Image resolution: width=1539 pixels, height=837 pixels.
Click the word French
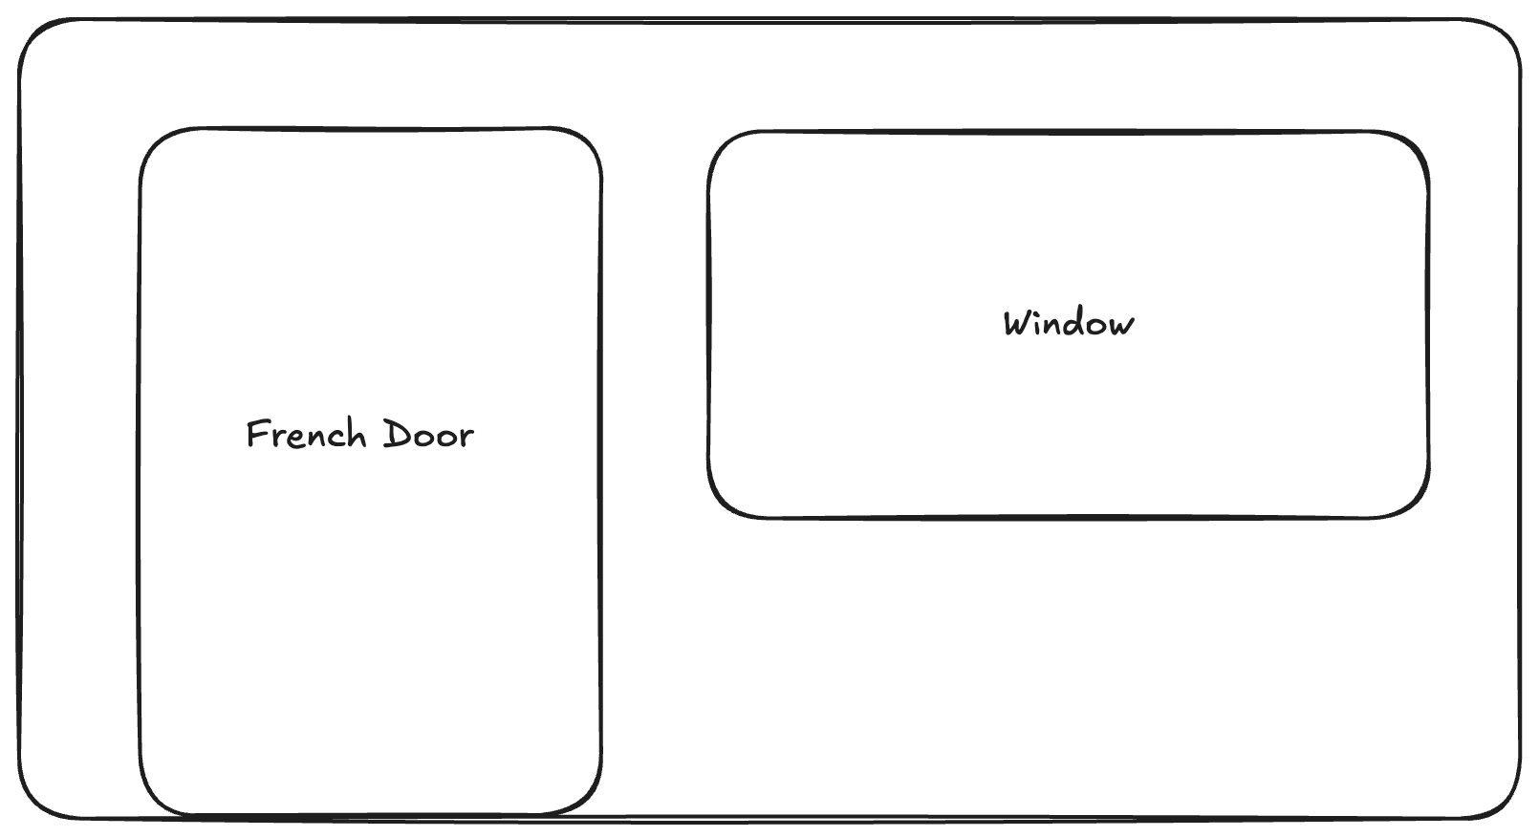point(307,434)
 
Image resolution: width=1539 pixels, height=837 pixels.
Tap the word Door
point(428,434)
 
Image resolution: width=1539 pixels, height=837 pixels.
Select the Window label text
point(1069,323)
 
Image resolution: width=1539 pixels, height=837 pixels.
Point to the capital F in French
point(257,433)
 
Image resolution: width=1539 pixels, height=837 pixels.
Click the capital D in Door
point(397,433)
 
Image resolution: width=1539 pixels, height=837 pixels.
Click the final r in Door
point(466,438)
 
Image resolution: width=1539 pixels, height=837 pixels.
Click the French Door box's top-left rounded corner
point(155,143)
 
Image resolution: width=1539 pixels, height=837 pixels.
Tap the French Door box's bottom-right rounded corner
point(586,799)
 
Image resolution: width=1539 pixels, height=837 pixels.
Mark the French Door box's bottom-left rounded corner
point(155,799)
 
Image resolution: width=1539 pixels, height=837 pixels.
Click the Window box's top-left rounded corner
point(723,145)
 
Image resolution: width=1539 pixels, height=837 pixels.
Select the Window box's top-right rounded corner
point(1413,147)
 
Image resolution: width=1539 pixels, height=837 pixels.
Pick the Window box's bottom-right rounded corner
point(1413,502)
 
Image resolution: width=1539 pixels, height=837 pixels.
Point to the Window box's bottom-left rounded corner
point(723,502)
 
